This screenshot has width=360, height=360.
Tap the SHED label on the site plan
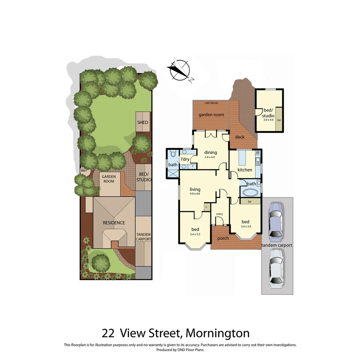tap(142, 122)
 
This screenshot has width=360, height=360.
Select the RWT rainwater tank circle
tap(84, 171)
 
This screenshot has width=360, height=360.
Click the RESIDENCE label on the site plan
tap(114, 223)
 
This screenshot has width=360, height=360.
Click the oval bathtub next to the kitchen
tap(249, 193)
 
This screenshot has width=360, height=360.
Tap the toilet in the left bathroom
tap(173, 154)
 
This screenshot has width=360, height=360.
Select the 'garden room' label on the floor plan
tap(211, 115)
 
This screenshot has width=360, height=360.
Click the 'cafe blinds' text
tap(211, 103)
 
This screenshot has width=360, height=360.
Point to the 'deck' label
tap(240, 137)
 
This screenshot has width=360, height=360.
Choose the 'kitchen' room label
tap(245, 170)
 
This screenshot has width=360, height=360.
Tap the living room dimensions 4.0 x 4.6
tap(195, 194)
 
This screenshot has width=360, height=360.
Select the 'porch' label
tap(223, 238)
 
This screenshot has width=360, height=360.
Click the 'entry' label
tap(219, 214)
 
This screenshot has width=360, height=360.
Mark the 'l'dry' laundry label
tap(185, 159)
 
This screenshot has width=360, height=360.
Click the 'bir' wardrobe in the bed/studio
tap(279, 120)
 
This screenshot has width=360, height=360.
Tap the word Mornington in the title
tap(217, 333)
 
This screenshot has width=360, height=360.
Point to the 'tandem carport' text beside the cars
tap(277, 245)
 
